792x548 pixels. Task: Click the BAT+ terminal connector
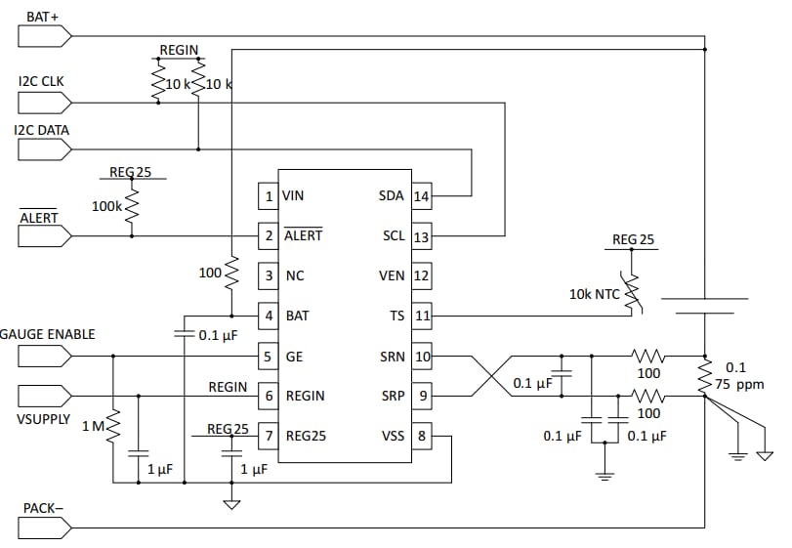point(44,36)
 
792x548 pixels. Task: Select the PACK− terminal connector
point(44,527)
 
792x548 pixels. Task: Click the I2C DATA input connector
point(44,148)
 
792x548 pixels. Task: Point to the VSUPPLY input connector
point(44,396)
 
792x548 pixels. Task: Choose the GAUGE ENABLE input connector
point(44,356)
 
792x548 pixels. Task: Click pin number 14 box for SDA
point(421,196)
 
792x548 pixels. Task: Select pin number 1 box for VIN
point(269,196)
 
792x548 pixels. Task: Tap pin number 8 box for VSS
point(421,437)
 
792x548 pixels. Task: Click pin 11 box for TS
point(421,316)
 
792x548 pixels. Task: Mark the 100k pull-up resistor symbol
point(132,207)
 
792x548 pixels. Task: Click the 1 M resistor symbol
point(113,426)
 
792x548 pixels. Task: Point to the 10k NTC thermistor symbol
point(632,292)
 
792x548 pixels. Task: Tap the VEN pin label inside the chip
point(391,276)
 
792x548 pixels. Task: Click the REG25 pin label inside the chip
point(305,437)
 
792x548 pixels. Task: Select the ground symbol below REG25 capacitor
point(231,504)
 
